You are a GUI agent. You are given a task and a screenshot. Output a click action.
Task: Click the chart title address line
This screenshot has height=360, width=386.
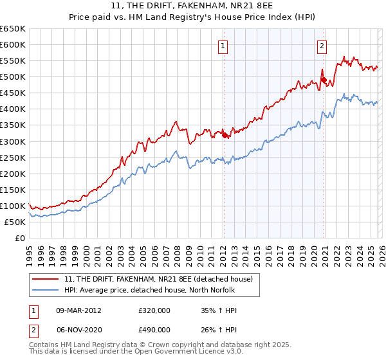click(x=192, y=6)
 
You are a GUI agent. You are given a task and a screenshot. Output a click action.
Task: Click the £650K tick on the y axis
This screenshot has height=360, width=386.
click(x=13, y=29)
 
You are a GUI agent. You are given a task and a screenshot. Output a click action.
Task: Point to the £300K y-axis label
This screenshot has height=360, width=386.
click(x=13, y=141)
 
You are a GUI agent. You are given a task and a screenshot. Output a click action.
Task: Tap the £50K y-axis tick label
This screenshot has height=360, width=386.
click(x=15, y=222)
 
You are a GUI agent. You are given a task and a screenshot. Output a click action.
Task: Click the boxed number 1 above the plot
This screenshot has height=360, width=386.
click(x=223, y=45)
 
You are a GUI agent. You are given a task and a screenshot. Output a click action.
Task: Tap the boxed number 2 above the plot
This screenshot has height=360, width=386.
click(x=321, y=45)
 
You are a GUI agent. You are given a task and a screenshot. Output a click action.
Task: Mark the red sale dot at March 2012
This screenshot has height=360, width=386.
click(x=225, y=135)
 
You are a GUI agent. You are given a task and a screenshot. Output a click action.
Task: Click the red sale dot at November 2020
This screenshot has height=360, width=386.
click(x=324, y=80)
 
